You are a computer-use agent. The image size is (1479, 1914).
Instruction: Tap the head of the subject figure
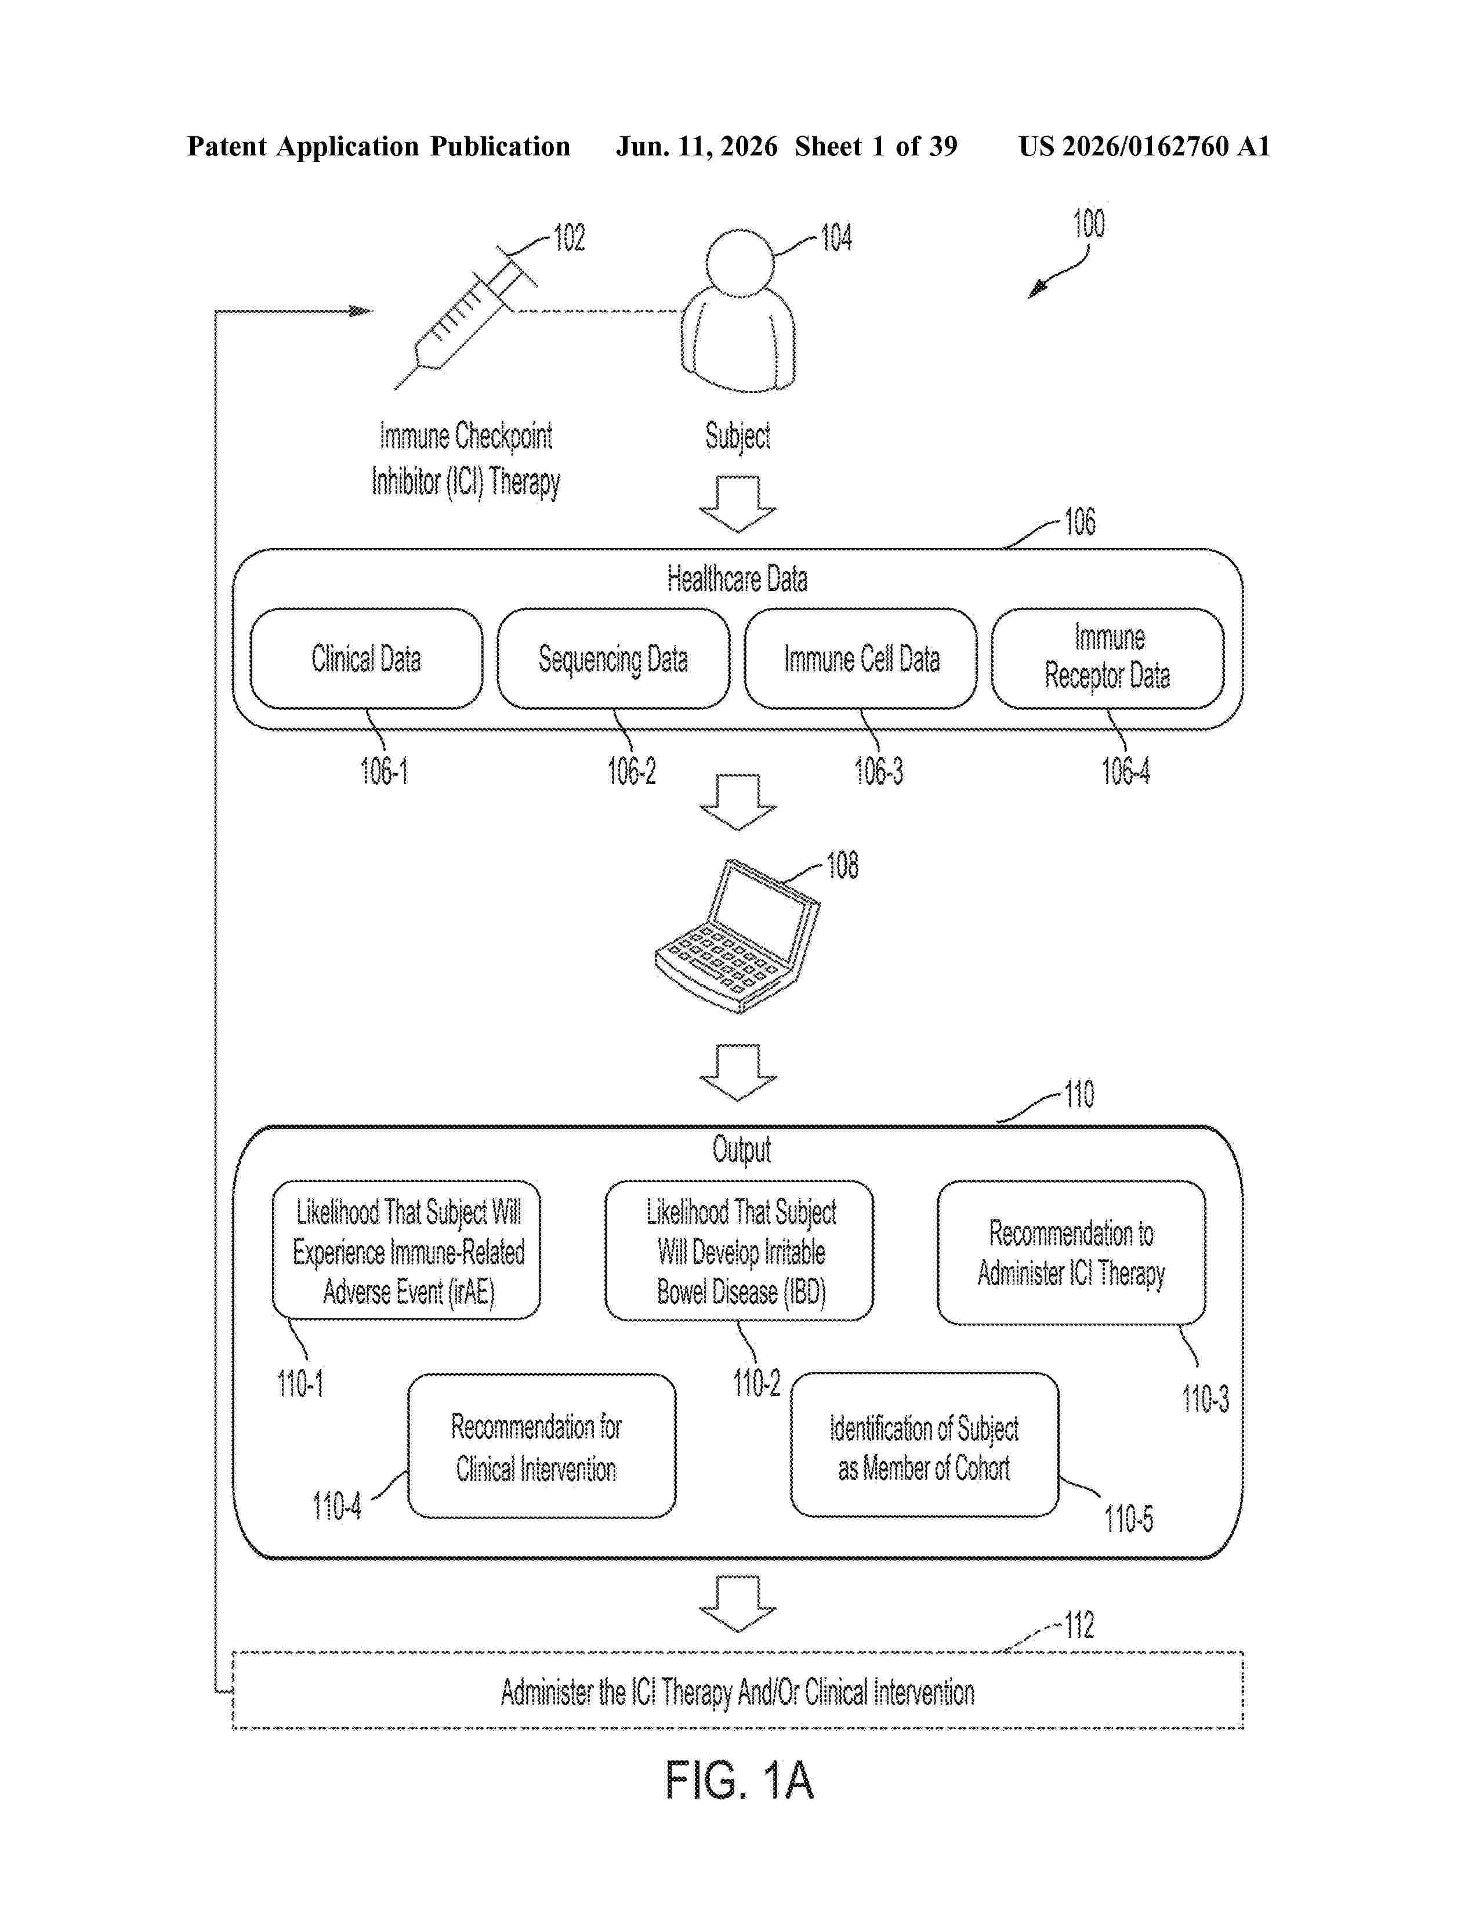pos(741,264)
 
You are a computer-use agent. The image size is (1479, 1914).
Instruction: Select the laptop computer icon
pos(738,936)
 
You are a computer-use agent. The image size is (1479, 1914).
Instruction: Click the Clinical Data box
pos(366,659)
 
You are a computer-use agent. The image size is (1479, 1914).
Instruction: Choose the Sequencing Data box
pos(613,659)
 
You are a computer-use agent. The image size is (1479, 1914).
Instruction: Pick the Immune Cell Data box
pos(860,659)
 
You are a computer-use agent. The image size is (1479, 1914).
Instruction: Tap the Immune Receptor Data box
pos(1107,659)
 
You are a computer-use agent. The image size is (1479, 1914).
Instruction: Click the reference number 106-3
pos(879,771)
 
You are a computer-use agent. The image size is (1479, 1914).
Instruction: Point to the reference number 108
pos(843,866)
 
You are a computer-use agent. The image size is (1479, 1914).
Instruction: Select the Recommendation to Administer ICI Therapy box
pos(1071,1252)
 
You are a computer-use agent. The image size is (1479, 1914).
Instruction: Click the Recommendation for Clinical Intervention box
pos(542,1446)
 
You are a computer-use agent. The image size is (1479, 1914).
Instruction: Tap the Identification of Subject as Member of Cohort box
pos(925,1445)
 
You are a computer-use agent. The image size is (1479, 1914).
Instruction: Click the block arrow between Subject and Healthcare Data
pos(738,504)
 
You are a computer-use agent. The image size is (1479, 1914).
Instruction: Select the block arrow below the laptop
pos(738,1072)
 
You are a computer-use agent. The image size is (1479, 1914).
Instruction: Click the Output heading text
pos(741,1150)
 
